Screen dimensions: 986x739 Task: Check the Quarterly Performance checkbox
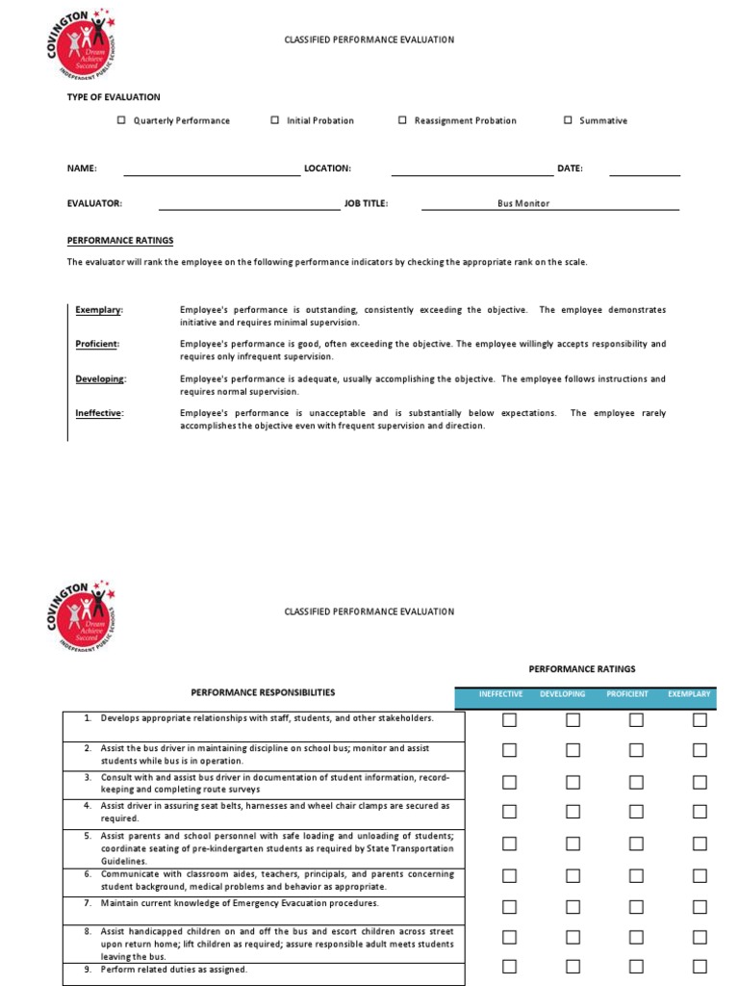121,120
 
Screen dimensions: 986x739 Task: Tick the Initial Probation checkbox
274,120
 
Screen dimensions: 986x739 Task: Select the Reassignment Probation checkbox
402,120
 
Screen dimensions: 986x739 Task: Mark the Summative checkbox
568,120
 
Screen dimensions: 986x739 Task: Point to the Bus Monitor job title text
523,203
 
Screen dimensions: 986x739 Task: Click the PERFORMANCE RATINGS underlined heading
120,241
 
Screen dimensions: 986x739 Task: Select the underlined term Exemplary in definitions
99,310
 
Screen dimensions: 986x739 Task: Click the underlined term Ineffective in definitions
99,413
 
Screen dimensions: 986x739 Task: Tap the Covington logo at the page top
84,46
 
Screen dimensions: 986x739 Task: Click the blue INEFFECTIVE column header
500,694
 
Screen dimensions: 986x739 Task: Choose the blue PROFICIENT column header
627,694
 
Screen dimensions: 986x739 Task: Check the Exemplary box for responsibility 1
700,720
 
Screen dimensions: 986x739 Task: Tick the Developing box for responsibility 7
573,907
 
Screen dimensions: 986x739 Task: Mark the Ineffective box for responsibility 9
509,967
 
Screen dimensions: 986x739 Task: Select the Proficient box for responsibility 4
636,813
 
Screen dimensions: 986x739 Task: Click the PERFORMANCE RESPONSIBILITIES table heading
263,692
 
